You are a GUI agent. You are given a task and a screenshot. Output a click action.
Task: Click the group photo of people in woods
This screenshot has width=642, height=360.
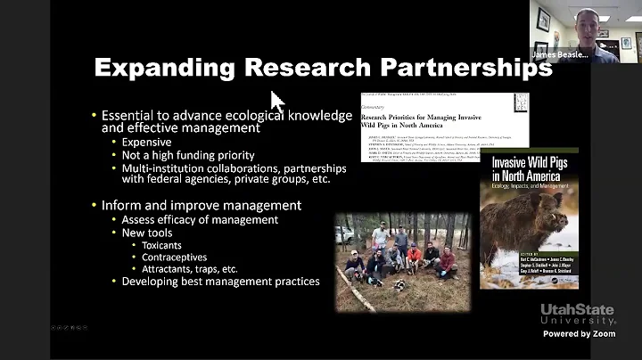397,258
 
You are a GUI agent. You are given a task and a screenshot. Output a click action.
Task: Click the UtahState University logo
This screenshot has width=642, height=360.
577,315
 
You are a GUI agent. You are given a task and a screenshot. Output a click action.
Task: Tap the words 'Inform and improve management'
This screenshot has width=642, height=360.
201,205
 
